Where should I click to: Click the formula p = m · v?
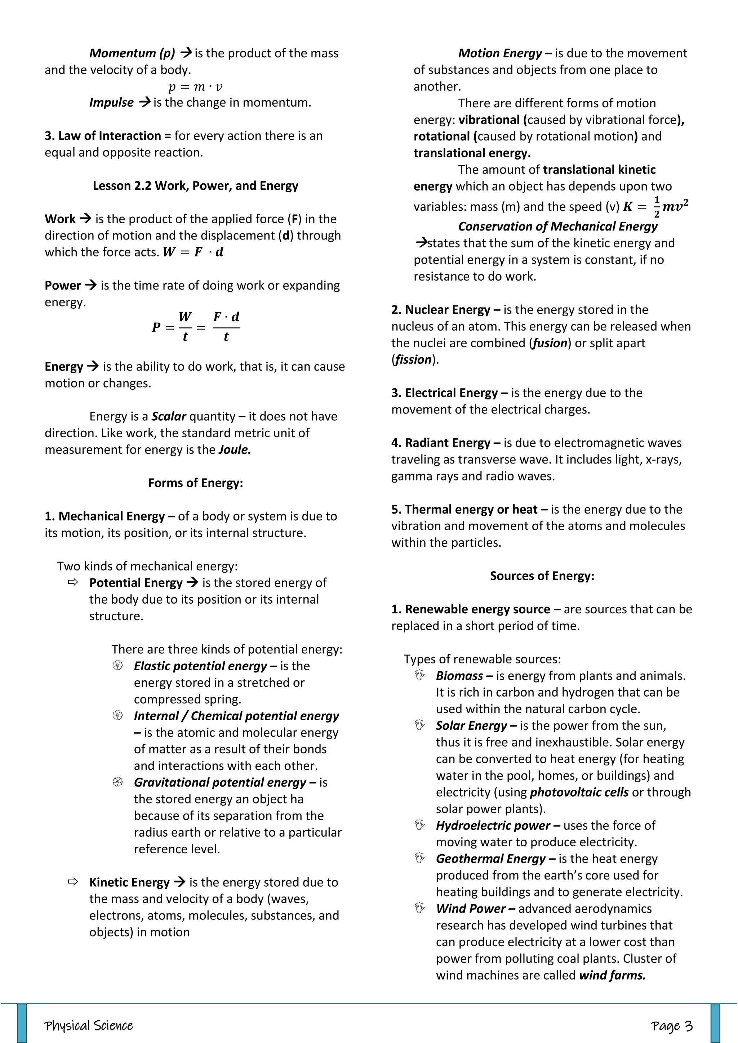pos(195,86)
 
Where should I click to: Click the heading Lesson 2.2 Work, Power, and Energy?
pos(195,186)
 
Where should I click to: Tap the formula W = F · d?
pos(193,252)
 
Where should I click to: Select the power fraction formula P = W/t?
pos(195,327)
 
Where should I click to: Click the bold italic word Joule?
pos(235,450)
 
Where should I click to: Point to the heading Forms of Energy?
pos(195,483)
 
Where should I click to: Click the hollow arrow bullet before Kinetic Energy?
pos(73,882)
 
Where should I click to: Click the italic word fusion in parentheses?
pos(550,343)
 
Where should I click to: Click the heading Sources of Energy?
pos(542,576)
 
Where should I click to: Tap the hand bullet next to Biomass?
pos(419,676)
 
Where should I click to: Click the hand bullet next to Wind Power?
pos(419,909)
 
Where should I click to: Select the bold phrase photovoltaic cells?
pos(579,792)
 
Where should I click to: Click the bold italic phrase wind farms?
pos(612,975)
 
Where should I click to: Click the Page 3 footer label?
pos(671,1026)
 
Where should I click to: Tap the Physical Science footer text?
pos(89,1026)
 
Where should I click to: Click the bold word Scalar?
pos(169,417)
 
